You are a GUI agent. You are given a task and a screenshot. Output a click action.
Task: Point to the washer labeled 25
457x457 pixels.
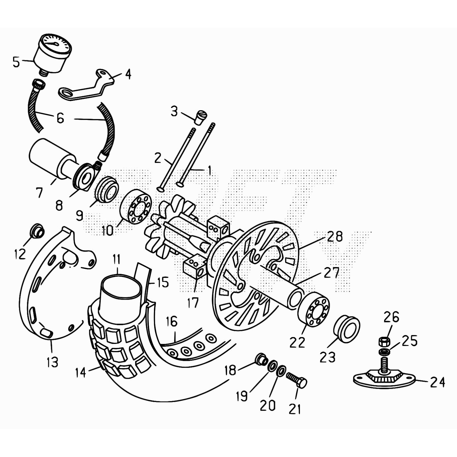384,351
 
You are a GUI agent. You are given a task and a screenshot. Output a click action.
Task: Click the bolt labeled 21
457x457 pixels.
297,380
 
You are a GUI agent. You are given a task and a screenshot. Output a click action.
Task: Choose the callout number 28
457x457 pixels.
335,236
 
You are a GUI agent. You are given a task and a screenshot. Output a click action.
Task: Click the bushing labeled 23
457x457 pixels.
346,329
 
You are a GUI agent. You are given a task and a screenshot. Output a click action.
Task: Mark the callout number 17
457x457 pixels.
193,303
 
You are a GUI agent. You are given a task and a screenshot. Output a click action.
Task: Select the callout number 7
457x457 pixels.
39,193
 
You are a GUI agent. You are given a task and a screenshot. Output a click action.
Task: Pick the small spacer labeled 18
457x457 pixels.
261,359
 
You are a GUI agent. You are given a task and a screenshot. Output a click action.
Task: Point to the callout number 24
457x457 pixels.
437,382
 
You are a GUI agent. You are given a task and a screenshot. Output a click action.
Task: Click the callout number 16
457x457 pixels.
172,322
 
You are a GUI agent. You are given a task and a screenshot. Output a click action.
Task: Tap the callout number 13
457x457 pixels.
52,362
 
